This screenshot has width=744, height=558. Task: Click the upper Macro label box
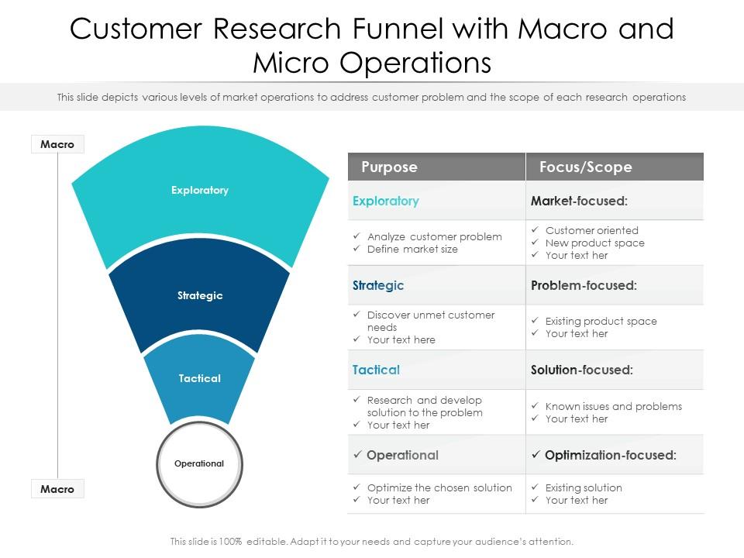57,144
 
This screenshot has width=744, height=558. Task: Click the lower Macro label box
57,489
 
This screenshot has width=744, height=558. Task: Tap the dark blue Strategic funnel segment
200,296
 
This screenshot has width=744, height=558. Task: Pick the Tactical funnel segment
200,379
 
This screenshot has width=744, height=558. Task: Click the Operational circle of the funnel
199,463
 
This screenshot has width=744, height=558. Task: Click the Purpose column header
389,167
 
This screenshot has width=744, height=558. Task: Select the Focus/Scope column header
585,167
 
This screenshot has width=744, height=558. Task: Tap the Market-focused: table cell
579,201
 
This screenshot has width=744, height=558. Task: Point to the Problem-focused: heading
584,285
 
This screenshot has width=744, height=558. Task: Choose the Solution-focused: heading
581,370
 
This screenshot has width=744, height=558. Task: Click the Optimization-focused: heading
610,455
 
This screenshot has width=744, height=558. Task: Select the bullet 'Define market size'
412,250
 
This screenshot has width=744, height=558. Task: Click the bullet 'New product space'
594,243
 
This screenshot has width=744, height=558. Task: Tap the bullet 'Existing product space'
601,321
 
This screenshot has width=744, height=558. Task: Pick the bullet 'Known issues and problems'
613,406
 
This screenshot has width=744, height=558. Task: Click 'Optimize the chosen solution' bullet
439,487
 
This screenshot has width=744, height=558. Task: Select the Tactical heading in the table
376,370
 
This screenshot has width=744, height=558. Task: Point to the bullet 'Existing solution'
583,487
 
